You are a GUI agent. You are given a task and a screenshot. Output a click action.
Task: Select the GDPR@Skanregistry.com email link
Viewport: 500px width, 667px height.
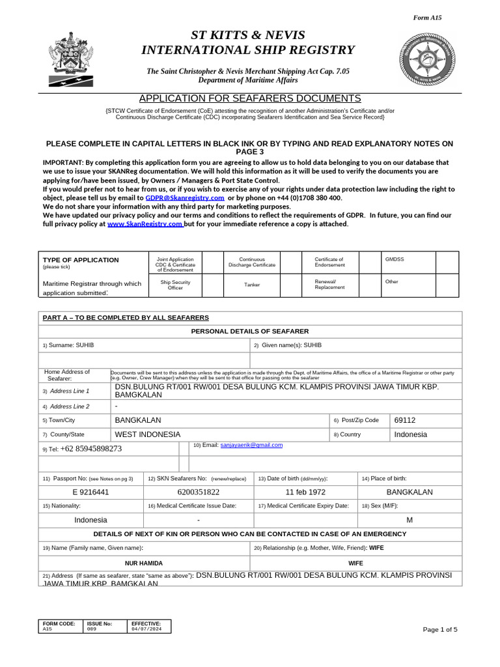[x=185, y=197]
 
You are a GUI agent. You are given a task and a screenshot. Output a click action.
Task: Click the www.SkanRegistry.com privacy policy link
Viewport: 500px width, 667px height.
[x=145, y=223]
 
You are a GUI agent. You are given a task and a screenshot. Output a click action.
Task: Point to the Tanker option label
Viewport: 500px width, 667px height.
[x=251, y=285]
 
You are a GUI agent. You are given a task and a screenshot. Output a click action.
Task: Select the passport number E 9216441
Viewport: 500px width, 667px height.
[x=90, y=492]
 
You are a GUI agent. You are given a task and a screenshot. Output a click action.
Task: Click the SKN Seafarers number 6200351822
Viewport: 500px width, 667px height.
[x=198, y=492]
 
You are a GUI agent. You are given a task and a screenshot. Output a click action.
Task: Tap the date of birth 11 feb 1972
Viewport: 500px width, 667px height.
[x=305, y=492]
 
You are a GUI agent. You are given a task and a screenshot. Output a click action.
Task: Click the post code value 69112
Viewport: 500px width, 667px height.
[x=404, y=420]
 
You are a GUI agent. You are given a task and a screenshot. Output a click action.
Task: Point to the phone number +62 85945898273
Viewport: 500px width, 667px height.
[x=90, y=449]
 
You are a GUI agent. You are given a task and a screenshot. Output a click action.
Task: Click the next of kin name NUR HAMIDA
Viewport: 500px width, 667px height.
[x=144, y=562]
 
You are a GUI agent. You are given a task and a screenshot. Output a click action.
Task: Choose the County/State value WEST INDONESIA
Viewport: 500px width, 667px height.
[x=147, y=434]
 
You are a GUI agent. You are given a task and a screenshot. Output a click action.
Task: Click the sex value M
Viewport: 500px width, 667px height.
[x=410, y=520]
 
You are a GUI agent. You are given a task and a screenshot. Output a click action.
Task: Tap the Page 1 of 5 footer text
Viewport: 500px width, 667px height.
[x=440, y=629]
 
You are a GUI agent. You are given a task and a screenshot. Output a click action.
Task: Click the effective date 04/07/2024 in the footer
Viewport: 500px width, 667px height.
[x=144, y=629]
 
